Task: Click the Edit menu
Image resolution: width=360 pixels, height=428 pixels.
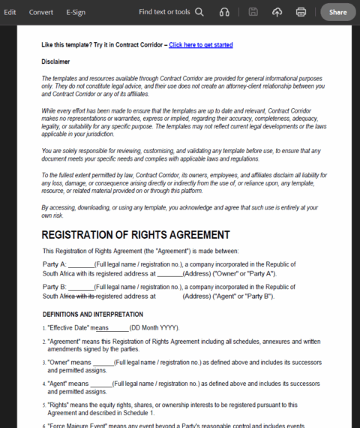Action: click(10, 12)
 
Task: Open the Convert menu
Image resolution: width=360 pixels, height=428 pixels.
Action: click(41, 12)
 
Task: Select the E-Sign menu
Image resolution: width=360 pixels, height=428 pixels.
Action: click(76, 12)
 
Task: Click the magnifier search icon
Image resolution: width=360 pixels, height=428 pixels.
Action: click(199, 12)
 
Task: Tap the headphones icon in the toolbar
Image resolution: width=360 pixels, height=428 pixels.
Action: click(224, 12)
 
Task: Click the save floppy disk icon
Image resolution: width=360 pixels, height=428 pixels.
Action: click(253, 12)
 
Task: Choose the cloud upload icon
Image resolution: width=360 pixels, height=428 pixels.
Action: click(277, 12)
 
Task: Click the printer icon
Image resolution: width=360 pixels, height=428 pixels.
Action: click(301, 12)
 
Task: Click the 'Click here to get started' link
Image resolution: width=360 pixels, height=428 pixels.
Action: click(200, 45)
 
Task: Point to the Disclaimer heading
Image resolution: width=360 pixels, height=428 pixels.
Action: click(56, 61)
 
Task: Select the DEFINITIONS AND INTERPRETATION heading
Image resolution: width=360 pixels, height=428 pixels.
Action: click(87, 314)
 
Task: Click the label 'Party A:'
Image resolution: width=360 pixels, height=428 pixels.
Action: click(55, 264)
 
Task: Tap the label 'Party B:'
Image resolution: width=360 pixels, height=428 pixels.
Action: click(55, 286)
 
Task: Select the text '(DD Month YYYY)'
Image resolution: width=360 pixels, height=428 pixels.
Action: click(154, 328)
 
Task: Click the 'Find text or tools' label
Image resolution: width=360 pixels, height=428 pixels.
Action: click(164, 12)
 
